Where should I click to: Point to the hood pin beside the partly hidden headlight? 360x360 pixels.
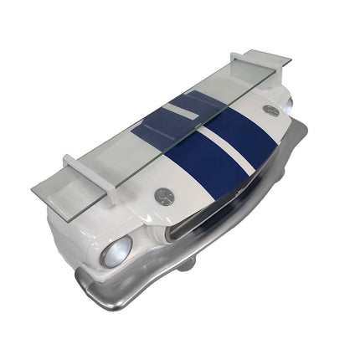pyautogui.click(x=270, y=110)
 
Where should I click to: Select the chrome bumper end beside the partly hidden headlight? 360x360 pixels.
pyautogui.click(x=301, y=134)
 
